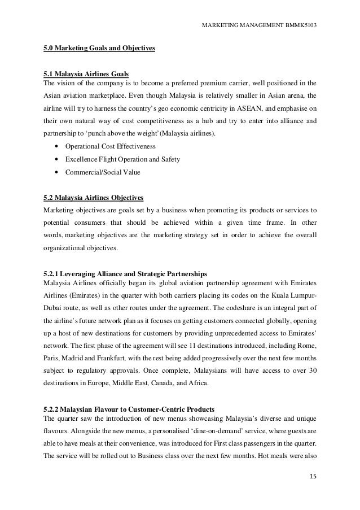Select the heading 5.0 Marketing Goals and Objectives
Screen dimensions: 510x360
point(99,49)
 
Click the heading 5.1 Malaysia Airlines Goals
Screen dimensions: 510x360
point(86,74)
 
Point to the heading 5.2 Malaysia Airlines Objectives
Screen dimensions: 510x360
point(94,198)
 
